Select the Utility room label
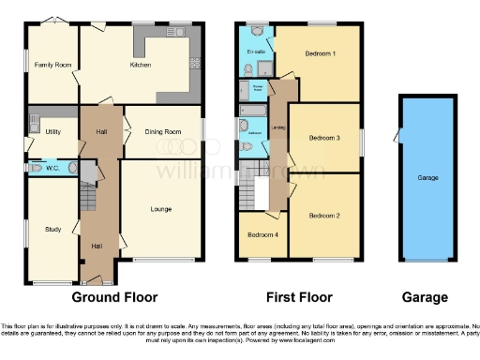tap(52, 132)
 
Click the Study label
tap(52, 228)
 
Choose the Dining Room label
tap(162, 132)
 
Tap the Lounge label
tap(160, 208)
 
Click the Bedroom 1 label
tap(321, 53)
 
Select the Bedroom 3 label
tap(324, 138)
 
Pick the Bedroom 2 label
tap(324, 215)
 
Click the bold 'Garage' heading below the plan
tap(425, 298)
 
